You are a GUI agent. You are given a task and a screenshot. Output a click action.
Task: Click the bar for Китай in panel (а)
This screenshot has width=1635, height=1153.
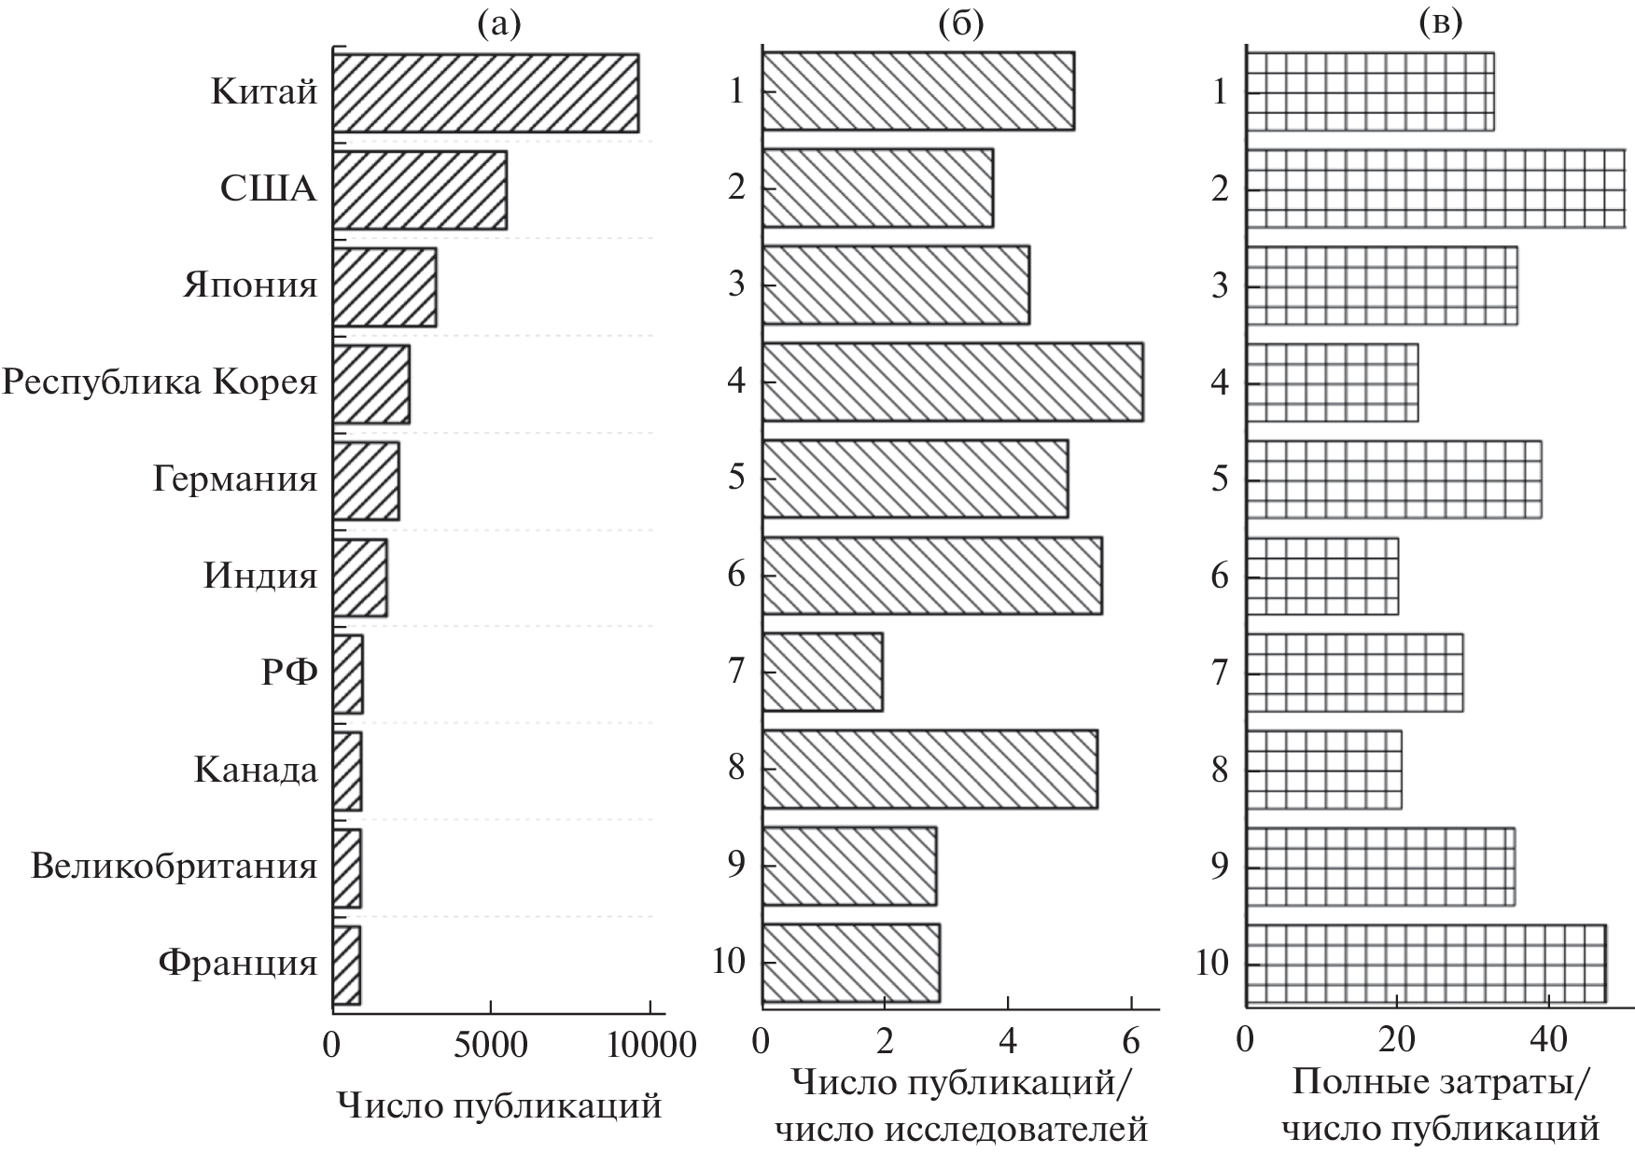(x=485, y=93)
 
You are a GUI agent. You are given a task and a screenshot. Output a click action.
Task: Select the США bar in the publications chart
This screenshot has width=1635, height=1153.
(x=420, y=190)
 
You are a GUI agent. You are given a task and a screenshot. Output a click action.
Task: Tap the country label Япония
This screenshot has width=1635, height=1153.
(x=250, y=285)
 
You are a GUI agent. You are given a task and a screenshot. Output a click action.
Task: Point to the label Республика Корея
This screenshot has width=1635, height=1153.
(x=160, y=382)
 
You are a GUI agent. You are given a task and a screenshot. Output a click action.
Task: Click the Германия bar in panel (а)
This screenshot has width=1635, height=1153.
(x=366, y=479)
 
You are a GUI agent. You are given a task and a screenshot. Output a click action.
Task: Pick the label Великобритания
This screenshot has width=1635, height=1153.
(x=175, y=867)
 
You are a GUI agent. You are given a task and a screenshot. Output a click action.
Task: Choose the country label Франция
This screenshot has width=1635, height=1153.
(x=238, y=962)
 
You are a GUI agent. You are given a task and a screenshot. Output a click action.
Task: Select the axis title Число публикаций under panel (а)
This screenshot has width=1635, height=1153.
(x=499, y=1106)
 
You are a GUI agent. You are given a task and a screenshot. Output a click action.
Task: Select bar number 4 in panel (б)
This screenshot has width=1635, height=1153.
(x=952, y=382)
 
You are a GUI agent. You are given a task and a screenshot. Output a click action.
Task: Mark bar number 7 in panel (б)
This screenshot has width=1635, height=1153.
(x=822, y=672)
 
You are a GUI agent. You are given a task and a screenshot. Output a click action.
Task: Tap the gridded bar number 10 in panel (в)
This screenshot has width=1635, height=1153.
(x=1426, y=965)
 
